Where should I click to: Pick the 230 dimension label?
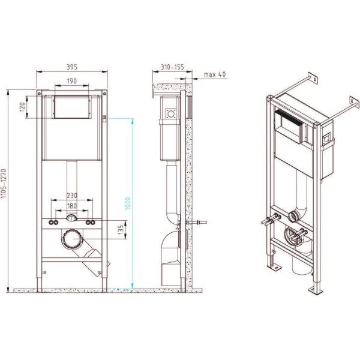pyautogui.click(x=72, y=195)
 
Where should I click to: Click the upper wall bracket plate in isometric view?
pyautogui.click(x=311, y=77)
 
